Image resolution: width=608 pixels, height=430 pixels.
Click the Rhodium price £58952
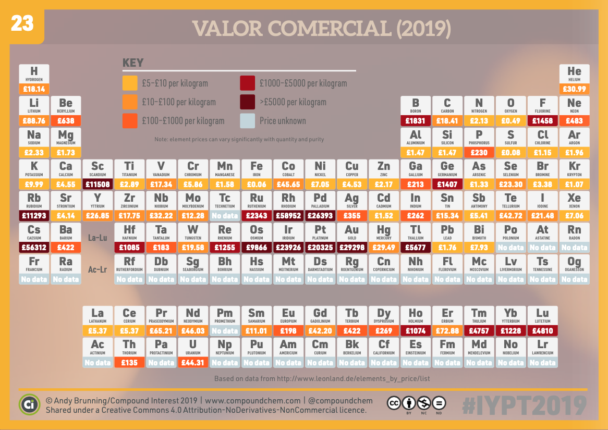coord(288,216)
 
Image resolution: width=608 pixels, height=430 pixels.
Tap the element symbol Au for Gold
coord(352,230)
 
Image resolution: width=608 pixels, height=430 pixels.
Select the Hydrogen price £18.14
coord(34,89)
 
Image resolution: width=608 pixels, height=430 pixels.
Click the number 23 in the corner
coord(22,23)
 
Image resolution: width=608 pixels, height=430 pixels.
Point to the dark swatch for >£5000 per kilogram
coord(247,102)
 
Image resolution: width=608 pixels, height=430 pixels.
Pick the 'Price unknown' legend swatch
coord(247,121)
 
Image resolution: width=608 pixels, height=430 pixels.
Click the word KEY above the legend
coord(133,64)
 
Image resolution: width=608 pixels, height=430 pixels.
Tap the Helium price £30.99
coord(574,89)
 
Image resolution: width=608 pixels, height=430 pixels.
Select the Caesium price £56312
coord(34,248)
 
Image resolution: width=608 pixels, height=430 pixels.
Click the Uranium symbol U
coord(193,345)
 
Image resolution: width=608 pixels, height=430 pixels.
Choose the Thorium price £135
coord(129,363)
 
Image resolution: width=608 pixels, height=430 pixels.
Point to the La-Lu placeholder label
coord(98,238)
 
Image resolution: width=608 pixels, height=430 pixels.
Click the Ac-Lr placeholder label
coord(98,269)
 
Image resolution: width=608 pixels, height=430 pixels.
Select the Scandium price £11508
coord(98,184)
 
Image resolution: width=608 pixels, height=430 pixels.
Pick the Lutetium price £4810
coord(542,330)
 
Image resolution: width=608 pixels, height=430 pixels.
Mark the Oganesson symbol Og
coord(574,262)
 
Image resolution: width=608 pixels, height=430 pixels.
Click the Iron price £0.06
coord(257,184)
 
